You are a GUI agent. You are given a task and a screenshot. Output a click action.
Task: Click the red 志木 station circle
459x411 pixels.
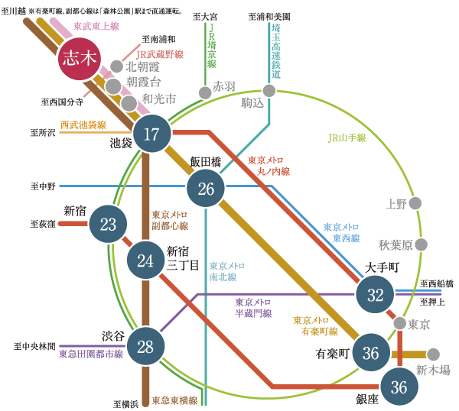point(80,59)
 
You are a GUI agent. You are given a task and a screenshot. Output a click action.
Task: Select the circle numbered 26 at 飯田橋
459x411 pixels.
point(206,189)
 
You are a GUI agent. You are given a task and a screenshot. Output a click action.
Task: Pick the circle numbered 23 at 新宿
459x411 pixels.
point(109,224)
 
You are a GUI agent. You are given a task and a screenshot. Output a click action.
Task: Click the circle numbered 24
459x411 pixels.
point(145,260)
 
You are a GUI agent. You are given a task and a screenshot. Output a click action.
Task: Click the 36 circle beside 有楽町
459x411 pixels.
point(371,353)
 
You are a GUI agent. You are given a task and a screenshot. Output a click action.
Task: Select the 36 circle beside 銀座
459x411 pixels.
point(399,387)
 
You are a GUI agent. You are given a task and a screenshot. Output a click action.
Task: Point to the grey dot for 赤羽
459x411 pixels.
point(205,93)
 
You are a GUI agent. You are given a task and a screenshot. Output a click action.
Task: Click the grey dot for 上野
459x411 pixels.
point(415,203)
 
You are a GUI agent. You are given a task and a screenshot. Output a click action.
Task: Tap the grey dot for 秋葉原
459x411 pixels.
point(420,245)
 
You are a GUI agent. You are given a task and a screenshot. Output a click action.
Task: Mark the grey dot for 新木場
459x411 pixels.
point(434,354)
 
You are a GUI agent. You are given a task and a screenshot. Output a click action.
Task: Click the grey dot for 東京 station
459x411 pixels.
point(399,324)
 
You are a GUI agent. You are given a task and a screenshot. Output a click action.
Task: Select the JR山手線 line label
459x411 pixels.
point(347,138)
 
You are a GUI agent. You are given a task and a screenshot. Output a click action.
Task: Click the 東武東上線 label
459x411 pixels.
point(96,26)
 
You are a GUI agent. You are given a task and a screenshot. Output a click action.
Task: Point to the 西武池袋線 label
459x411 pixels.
point(83,125)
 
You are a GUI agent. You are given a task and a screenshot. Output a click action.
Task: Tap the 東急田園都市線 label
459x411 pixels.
point(91,354)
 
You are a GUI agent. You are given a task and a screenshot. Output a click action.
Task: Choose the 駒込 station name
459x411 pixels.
point(252,102)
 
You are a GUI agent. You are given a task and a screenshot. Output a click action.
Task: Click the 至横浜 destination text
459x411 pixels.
point(125,403)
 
